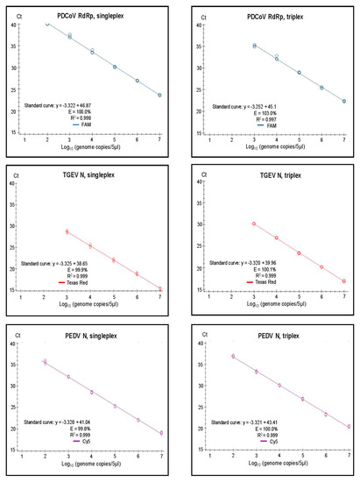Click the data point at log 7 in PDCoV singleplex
[159, 96]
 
